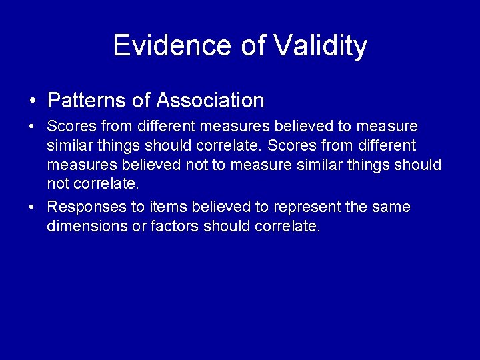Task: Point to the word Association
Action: coord(210,101)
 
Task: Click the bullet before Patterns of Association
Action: coord(33,101)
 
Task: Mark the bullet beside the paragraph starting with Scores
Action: coord(33,127)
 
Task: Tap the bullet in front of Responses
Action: coord(33,207)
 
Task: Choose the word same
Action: coord(392,207)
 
